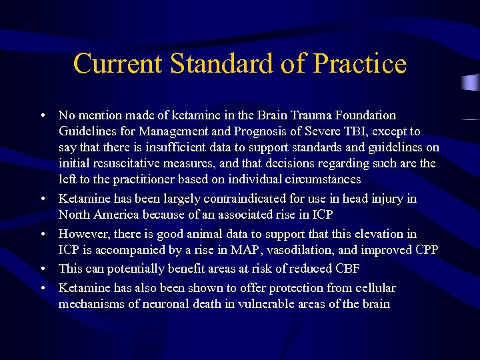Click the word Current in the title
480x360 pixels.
pos(117,64)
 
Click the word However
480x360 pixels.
pos(83,234)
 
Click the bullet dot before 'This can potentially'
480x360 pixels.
pos(43,269)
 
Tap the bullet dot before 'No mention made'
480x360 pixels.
pos(43,115)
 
